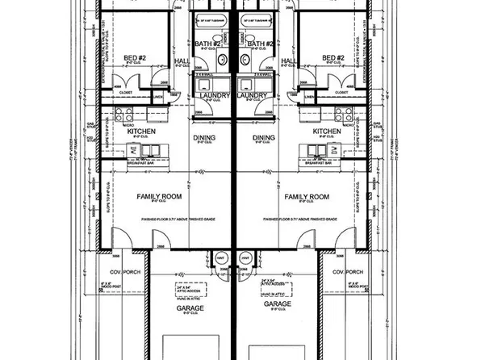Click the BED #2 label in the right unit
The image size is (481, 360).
pyautogui.click(x=333, y=58)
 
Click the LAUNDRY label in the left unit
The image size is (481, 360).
pyautogui.click(x=211, y=95)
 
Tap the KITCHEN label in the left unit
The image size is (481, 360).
pyautogui.click(x=142, y=131)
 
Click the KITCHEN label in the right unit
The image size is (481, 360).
pyautogui.click(x=327, y=131)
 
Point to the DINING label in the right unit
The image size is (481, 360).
pyautogui.click(x=264, y=138)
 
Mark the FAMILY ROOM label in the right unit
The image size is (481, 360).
pyautogui.click(x=307, y=197)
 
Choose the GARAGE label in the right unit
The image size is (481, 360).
pyautogui.click(x=276, y=304)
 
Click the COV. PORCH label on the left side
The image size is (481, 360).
pyautogui.click(x=126, y=272)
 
